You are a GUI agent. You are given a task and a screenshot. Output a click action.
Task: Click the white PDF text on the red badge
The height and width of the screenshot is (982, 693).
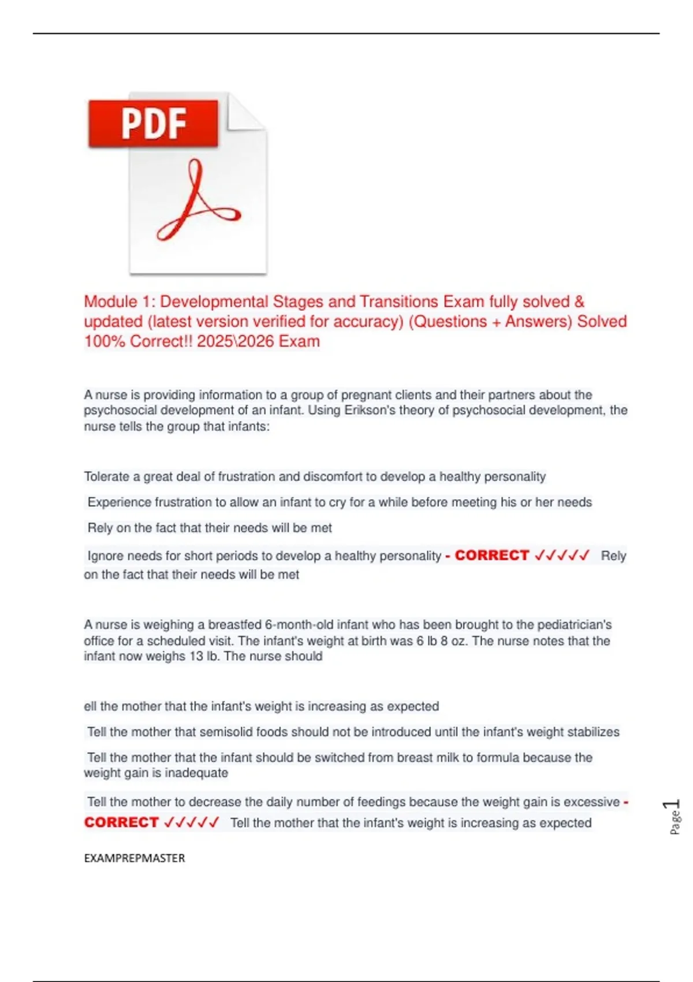click(x=154, y=124)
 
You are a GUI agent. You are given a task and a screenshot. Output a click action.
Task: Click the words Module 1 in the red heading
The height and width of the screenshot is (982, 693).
click(x=118, y=302)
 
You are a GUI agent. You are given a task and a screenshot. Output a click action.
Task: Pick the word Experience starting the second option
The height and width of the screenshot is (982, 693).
click(x=119, y=503)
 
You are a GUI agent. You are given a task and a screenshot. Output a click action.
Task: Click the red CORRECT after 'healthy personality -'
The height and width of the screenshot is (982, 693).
click(x=491, y=555)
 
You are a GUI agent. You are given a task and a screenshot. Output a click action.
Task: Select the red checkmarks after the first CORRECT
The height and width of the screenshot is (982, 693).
click(x=562, y=555)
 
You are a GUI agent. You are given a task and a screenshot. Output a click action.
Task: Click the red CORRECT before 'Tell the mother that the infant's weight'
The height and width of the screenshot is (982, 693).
click(x=121, y=823)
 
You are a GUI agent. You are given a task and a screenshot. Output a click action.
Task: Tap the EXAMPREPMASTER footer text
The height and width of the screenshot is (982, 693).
click(x=135, y=858)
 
